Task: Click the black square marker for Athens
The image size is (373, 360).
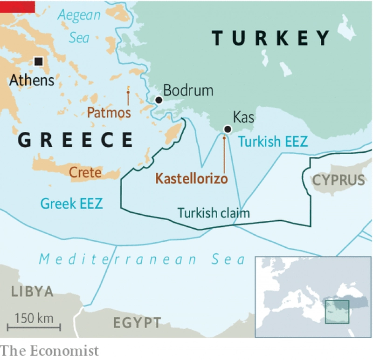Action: tap(38, 61)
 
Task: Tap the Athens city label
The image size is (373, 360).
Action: tap(32, 80)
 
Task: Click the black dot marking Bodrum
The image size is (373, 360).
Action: tap(159, 100)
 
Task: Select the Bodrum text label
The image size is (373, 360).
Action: tap(188, 90)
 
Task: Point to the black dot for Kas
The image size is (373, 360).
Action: tap(227, 129)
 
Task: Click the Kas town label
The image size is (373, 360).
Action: tap(243, 117)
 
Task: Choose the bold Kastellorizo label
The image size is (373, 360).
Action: tap(191, 179)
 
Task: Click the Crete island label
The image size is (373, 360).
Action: tap(85, 173)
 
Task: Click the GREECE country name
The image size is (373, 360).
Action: tap(75, 140)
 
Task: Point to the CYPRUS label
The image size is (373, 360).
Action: tap(338, 180)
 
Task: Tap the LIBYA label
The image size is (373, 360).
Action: tap(32, 292)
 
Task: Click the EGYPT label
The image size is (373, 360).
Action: tap(137, 322)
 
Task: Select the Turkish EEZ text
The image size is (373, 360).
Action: tap(273, 142)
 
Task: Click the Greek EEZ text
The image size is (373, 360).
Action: tap(71, 204)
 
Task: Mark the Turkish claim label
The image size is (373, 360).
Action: tap(214, 213)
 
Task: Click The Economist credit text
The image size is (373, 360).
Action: tap(49, 351)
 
